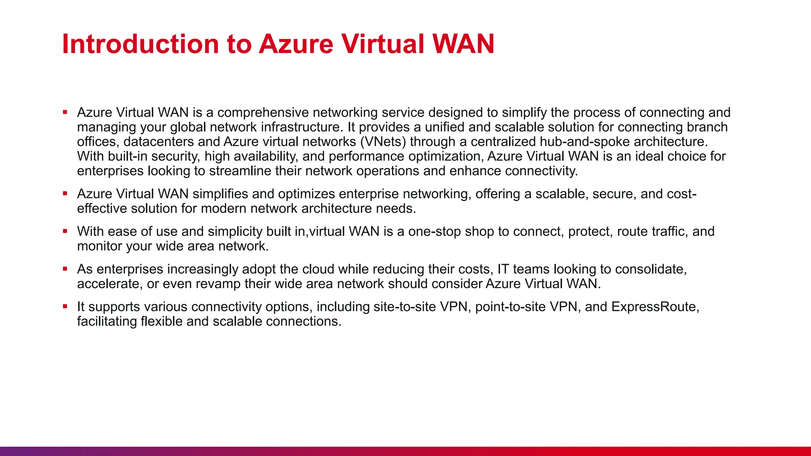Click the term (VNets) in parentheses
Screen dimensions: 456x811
[383, 142]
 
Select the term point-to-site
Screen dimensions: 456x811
[510, 307]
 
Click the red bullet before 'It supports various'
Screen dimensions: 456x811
[65, 306]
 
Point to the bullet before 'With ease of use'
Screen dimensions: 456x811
[65, 231]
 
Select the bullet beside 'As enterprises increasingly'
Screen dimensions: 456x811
[65, 269]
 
